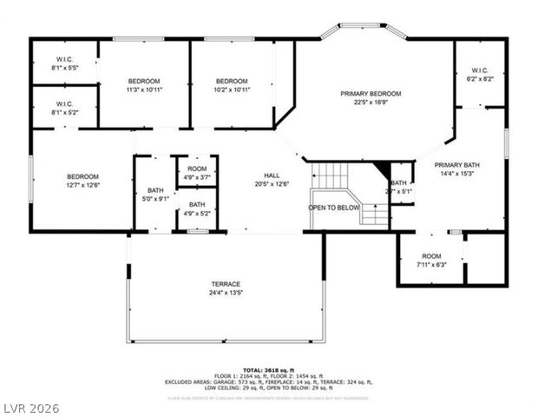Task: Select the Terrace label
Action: click(226, 284)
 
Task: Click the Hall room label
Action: click(272, 175)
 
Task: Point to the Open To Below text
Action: click(334, 208)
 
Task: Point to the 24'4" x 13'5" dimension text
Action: click(226, 294)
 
